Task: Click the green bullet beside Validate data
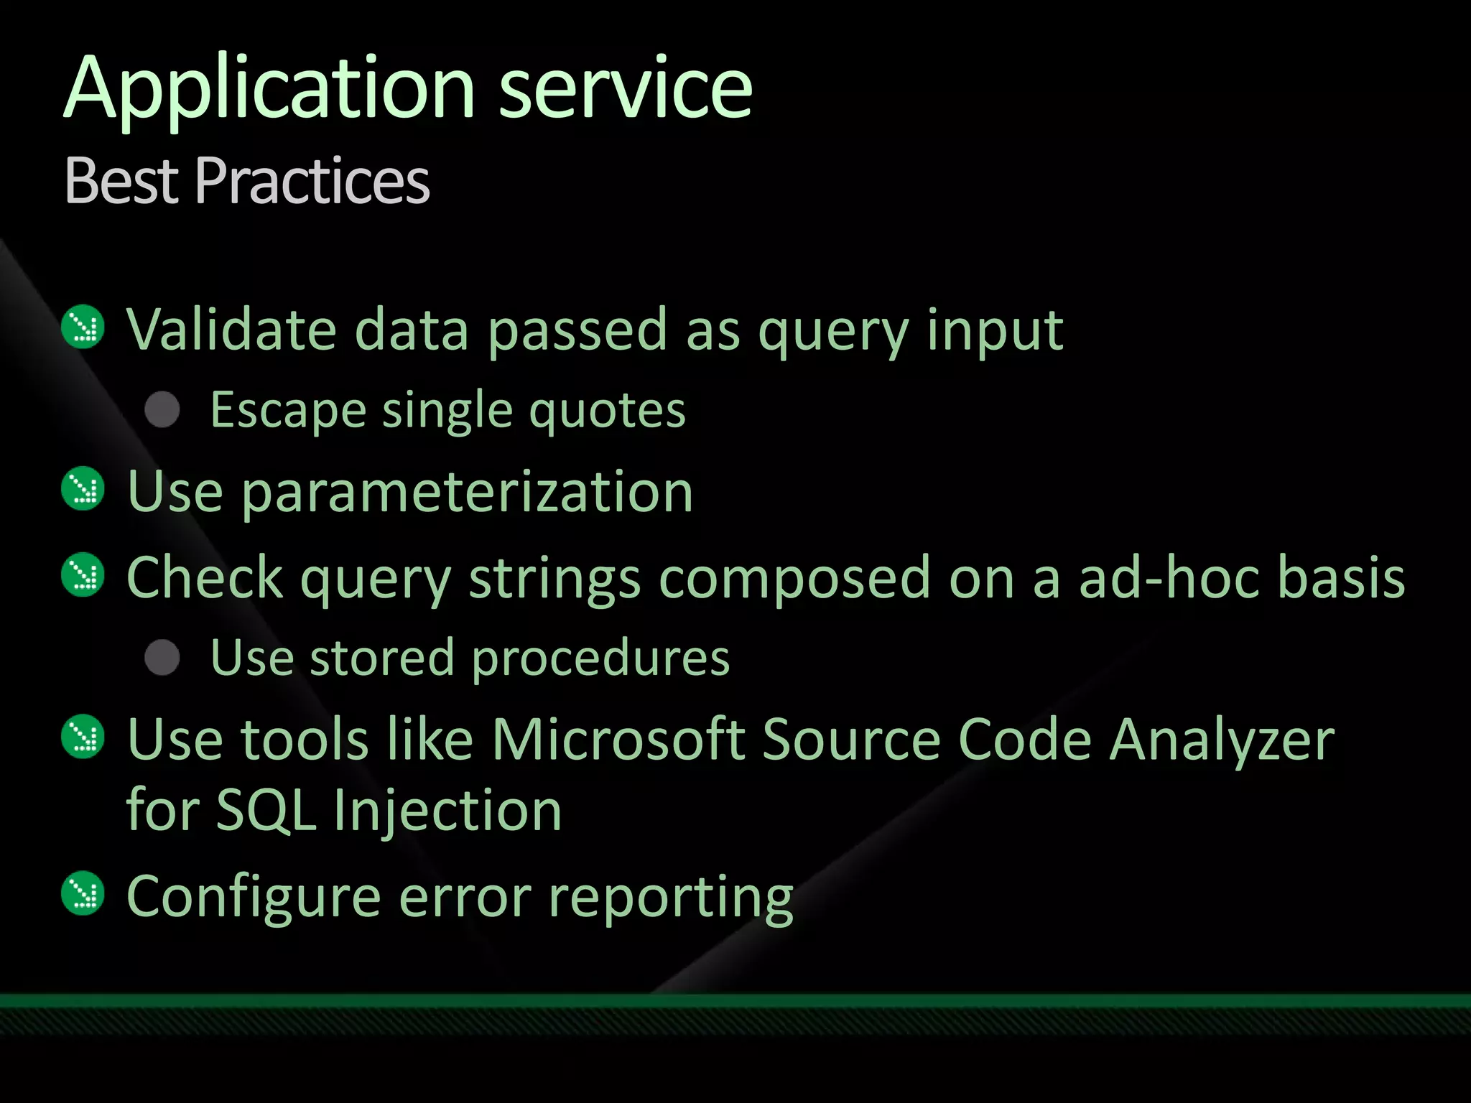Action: click(84, 327)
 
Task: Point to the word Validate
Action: click(231, 330)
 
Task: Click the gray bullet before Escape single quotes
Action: click(162, 410)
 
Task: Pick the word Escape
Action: click(287, 411)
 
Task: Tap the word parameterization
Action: click(467, 493)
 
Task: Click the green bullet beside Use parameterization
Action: click(84, 489)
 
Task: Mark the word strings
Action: click(554, 578)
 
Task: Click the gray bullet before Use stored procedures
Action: click(162, 658)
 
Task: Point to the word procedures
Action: click(600, 658)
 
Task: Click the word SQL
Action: click(266, 810)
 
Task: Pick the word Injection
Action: click(447, 810)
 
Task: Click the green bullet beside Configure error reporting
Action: click(84, 894)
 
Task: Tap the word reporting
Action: click(670, 898)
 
